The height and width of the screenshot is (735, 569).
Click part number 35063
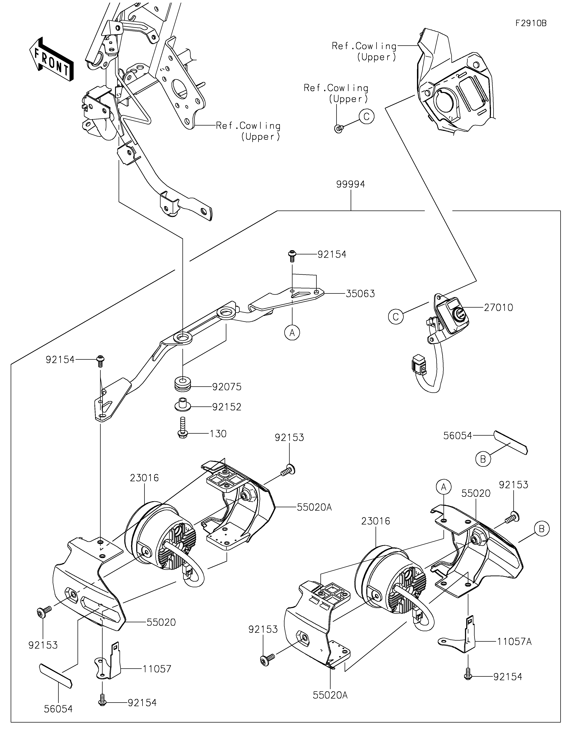[360, 294]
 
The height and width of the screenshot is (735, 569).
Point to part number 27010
[498, 308]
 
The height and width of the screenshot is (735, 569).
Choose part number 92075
[227, 387]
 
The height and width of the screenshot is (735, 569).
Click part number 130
[218, 434]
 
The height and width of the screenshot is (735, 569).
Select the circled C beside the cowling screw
[366, 116]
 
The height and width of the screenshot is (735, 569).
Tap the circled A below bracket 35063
[292, 332]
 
